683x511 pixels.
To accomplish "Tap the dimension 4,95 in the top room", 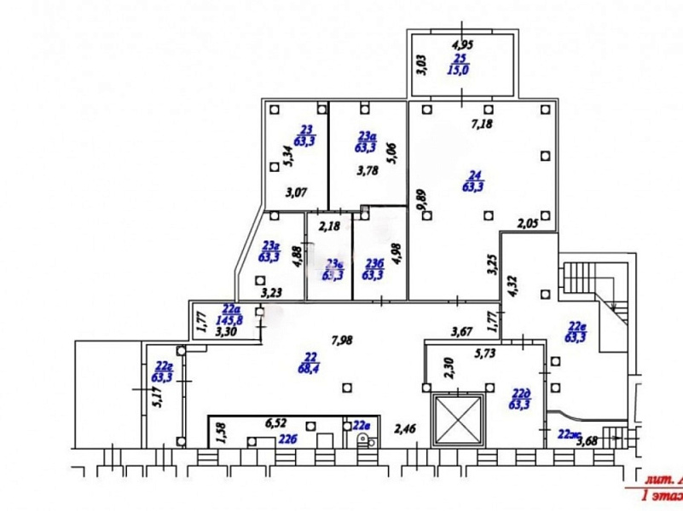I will tap(462, 44).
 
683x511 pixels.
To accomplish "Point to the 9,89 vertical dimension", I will tap(420, 203).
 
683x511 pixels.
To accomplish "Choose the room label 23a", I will tap(367, 135).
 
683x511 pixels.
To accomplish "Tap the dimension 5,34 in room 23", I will tap(287, 155).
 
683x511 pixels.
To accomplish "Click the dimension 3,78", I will tap(367, 169).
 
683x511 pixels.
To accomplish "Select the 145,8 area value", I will tap(231, 320).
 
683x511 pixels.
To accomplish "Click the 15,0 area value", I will tap(460, 71).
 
